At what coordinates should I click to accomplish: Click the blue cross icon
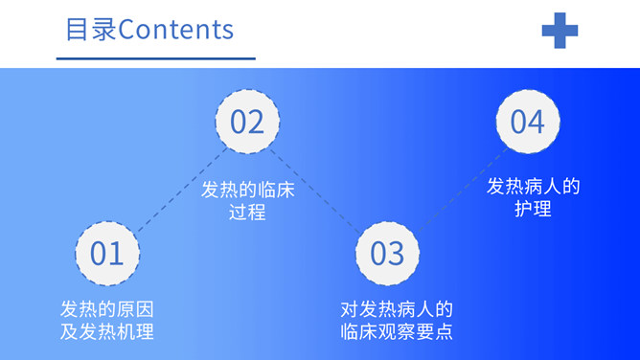pyautogui.click(x=560, y=30)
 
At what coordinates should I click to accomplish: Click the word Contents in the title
pyautogui.click(x=175, y=29)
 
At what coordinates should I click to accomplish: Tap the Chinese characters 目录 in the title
pyautogui.click(x=91, y=29)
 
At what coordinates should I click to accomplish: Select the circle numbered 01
pyautogui.click(x=107, y=253)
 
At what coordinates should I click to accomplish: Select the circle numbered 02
pyautogui.click(x=247, y=122)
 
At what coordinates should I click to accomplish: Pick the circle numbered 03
pyautogui.click(x=387, y=253)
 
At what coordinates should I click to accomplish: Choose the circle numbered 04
pyautogui.click(x=527, y=122)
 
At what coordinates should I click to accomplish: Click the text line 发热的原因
pyautogui.click(x=107, y=310)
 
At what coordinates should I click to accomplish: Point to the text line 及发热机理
pyautogui.click(x=107, y=332)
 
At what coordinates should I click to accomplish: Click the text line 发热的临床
pyautogui.click(x=247, y=190)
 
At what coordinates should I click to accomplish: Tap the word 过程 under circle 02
pyautogui.click(x=247, y=212)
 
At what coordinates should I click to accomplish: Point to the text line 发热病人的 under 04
pyautogui.click(x=534, y=186)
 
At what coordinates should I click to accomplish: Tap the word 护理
pyautogui.click(x=534, y=208)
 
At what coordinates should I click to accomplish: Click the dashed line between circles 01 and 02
pyautogui.click(x=177, y=188)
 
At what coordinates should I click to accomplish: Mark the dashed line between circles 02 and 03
pyautogui.click(x=317, y=188)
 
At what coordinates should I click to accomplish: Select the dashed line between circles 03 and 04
pyautogui.click(x=457, y=188)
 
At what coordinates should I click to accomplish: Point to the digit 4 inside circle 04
pyautogui.click(x=537, y=122)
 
